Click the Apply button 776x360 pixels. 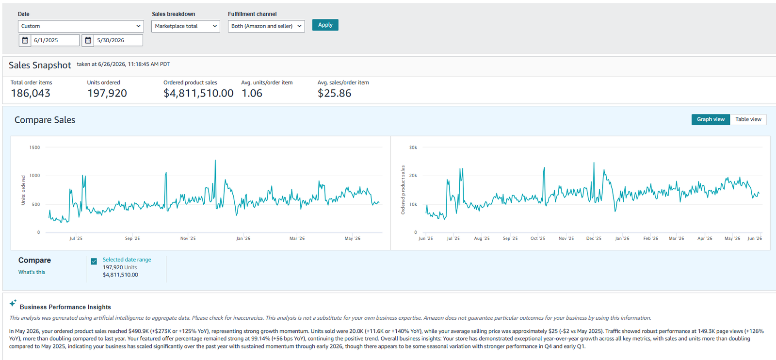pos(325,25)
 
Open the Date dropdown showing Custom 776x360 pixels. pos(81,26)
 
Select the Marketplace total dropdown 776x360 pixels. pos(186,26)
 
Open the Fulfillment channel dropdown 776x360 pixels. pos(266,26)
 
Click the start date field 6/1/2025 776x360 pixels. pos(55,40)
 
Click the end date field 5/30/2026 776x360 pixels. pos(118,40)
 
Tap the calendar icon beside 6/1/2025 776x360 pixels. pos(25,40)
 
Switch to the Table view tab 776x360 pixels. pos(748,119)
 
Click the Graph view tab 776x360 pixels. pos(711,119)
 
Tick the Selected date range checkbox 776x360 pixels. pos(94,261)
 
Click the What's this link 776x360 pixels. pos(32,272)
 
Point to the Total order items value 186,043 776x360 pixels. pos(31,93)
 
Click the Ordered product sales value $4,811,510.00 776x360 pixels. pos(198,93)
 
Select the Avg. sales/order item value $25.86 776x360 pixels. pos(334,93)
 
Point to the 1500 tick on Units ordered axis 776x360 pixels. pos(34,147)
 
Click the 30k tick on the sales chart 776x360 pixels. pos(413,147)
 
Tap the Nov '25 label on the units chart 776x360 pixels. pos(188,238)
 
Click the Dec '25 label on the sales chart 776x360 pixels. pos(594,238)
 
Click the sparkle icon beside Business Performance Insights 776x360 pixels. pos(13,303)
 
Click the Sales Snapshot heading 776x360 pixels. pos(40,65)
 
